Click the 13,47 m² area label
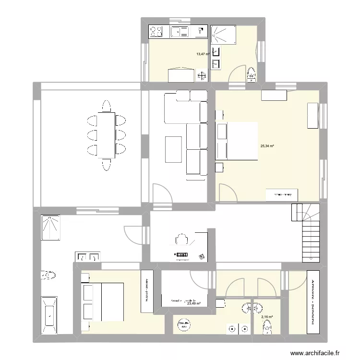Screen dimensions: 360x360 203,54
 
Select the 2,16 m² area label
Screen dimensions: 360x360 266,317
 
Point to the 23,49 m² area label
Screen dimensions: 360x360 194,303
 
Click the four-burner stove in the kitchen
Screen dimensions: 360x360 157,32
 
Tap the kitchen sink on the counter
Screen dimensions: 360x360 180,32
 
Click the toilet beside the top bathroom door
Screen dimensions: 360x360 251,74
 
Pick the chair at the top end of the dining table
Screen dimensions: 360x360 106,106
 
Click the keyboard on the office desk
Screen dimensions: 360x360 182,254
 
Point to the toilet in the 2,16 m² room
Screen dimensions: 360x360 267,328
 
